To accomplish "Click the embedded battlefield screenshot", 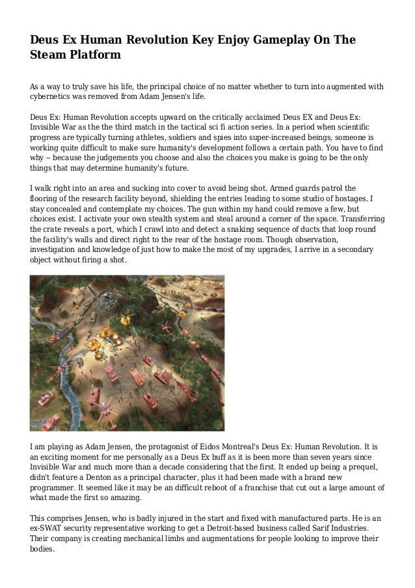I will tap(127, 352).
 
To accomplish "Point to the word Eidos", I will tap(213, 449).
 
